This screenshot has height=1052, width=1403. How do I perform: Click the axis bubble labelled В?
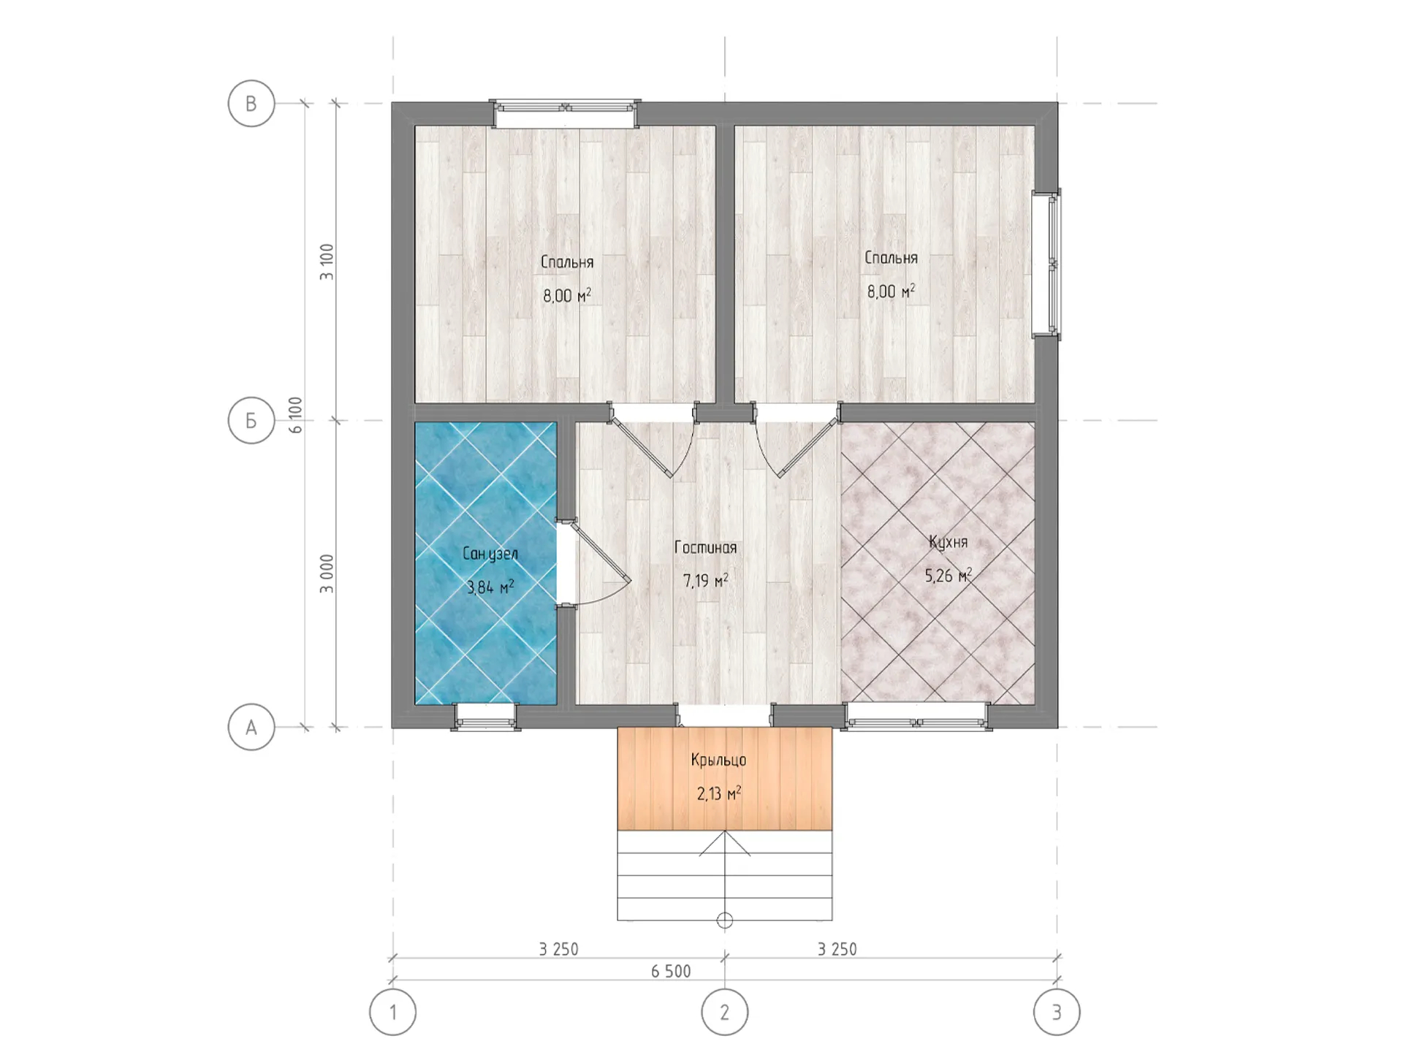pos(251,104)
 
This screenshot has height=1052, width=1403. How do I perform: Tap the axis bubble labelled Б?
pos(251,420)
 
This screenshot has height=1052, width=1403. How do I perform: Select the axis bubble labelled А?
pos(251,728)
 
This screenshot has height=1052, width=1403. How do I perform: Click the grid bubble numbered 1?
pos(393,1013)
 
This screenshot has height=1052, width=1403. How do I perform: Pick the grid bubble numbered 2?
pos(725,1013)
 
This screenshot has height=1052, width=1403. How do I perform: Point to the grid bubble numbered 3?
pos(1057,1013)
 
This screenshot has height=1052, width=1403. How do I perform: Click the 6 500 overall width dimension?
pos(671,971)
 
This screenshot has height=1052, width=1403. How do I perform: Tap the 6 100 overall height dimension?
pos(295,415)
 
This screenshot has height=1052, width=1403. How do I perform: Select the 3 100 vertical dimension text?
pos(327,262)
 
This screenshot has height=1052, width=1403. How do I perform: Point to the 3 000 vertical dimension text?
pos(327,573)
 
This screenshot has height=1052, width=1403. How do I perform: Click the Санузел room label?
pos(490,554)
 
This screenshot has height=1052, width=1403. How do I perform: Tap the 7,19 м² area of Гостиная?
pos(705,581)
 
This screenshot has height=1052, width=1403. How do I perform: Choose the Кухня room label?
pos(948,542)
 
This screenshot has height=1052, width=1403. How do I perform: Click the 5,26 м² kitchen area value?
pos(948,576)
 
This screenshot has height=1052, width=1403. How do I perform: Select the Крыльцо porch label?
pos(719,761)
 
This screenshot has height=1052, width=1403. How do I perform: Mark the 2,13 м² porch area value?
pos(719,793)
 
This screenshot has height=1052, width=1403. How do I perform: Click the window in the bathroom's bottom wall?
pos(486,717)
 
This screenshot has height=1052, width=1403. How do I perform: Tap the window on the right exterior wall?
pos(1046,264)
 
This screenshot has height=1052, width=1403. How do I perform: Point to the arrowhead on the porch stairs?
pos(725,846)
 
